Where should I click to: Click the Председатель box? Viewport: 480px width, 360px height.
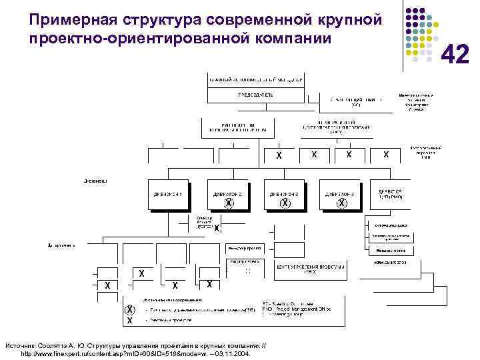pos(256,95)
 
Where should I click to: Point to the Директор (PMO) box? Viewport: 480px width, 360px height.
pos(390,194)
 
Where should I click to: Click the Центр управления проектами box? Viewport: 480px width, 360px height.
pos(312,269)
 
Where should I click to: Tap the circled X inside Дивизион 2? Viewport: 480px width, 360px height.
pos(229,203)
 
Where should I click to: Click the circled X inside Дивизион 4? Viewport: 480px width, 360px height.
pos(341,203)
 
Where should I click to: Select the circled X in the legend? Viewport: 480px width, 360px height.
pos(130,310)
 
